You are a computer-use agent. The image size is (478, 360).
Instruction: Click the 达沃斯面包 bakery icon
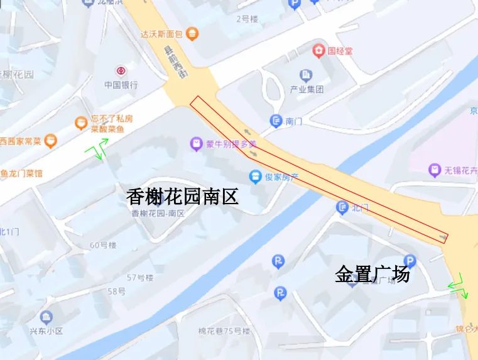pyautogui.click(x=193, y=33)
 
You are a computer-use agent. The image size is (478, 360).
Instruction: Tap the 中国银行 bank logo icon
pyautogui.click(x=120, y=71)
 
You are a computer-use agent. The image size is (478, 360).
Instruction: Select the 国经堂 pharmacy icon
pyautogui.click(x=320, y=50)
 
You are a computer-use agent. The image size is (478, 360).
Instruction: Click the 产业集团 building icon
pyautogui.click(x=306, y=75)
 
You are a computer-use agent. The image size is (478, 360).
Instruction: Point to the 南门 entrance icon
pyautogui.click(x=276, y=121)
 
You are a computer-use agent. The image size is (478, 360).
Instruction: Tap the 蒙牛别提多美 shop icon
pyautogui.click(x=197, y=145)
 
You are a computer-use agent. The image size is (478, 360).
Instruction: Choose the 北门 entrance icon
pyautogui.click(x=342, y=207)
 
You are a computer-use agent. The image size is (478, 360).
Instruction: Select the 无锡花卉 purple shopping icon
pyautogui.click(x=434, y=169)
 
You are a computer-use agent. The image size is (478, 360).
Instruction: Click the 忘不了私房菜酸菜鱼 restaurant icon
pyautogui.click(x=80, y=123)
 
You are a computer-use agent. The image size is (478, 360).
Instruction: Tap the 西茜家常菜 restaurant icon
pyautogui.click(x=51, y=141)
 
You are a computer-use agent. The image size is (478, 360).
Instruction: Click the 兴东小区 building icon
pyautogui.click(x=45, y=316)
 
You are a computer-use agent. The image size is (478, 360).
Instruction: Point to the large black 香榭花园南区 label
pyautogui.click(x=183, y=197)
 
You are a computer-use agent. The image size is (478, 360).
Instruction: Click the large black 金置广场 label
pyautogui.click(x=372, y=275)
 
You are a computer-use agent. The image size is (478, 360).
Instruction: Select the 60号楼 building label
pyautogui.click(x=103, y=245)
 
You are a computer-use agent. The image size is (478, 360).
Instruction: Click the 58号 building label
pyautogui.click(x=116, y=292)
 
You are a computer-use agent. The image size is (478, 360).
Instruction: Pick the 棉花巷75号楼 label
pyautogui.click(x=224, y=331)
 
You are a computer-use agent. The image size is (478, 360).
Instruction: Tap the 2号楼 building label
pyautogui.click(x=247, y=19)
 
